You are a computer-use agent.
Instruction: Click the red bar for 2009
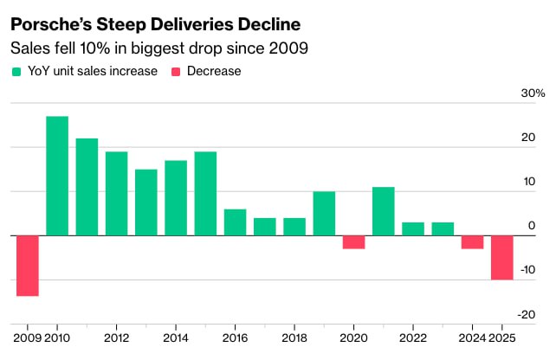click(x=28, y=266)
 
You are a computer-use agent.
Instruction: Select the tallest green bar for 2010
click(x=57, y=176)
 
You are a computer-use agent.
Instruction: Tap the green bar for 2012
click(x=117, y=194)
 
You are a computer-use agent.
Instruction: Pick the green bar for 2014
click(x=176, y=198)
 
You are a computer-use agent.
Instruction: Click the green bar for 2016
click(x=236, y=222)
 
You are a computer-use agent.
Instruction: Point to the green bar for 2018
click(x=294, y=227)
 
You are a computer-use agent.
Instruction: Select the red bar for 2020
click(x=353, y=242)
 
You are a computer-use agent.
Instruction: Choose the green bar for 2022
click(x=413, y=228)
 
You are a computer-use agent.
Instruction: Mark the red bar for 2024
click(x=472, y=242)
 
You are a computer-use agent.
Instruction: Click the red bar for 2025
click(x=502, y=257)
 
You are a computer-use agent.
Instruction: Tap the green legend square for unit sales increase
click(x=16, y=71)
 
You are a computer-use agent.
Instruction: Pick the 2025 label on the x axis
click(x=503, y=337)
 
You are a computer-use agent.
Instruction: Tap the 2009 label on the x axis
click(x=27, y=337)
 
